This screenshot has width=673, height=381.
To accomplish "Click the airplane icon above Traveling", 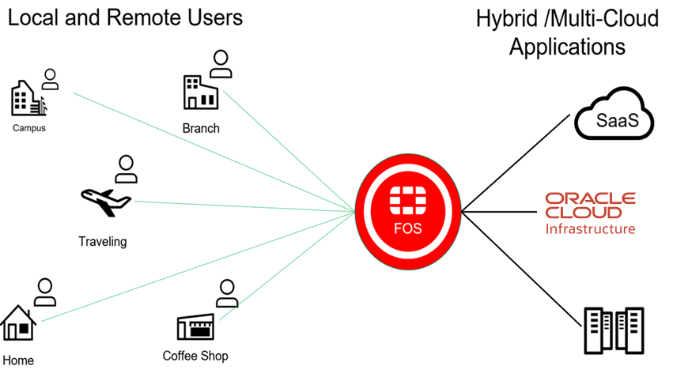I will click(106, 201).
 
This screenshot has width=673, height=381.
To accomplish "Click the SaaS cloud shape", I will click(614, 119).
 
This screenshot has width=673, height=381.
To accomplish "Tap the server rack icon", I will click(615, 331).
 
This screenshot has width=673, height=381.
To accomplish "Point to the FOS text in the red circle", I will click(408, 229).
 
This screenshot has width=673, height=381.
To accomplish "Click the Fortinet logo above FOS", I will click(408, 200).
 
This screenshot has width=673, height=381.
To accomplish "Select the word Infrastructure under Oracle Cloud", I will click(590, 228).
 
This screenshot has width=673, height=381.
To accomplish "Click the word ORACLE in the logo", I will click(590, 198).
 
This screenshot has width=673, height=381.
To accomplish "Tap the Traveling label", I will click(103, 241).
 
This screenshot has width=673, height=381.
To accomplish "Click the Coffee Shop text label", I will click(195, 356).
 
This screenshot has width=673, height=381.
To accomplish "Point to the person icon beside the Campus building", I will click(51, 79).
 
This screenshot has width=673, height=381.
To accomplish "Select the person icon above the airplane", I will click(126, 168).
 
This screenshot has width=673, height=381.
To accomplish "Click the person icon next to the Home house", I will click(46, 292).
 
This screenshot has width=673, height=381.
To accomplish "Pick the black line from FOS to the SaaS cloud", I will click(516, 162).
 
